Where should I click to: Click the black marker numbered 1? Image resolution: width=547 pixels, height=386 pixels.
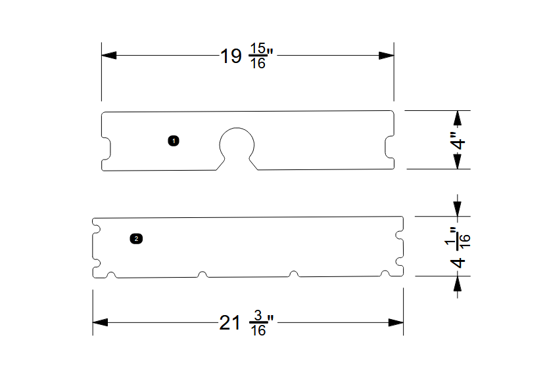coord(174,140)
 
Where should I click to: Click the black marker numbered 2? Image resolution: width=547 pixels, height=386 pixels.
coord(136,238)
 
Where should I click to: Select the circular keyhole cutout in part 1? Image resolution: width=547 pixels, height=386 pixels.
coord(237,143)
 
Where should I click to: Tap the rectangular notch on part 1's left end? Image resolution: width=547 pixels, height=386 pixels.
coord(105,148)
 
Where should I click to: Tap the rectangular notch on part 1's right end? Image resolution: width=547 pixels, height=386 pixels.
coord(389,148)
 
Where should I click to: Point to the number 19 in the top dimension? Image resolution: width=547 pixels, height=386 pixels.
coord(231,56)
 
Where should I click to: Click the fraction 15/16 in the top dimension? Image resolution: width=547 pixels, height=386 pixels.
coord(258,57)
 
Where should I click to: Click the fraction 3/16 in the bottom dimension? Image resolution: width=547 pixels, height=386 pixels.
coord(258,324)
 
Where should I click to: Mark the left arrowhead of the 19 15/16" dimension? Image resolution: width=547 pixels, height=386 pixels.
coord(109,56)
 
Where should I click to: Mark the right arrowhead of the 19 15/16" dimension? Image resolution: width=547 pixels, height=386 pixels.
coord(386,56)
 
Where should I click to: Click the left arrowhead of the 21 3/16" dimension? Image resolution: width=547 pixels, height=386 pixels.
coord(101,323)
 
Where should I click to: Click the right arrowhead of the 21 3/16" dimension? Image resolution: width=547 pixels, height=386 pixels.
coord(395,323)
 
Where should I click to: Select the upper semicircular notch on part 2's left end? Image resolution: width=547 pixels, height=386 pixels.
coord(96,229)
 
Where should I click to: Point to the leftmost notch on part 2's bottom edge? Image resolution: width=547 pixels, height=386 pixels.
coord(112,274)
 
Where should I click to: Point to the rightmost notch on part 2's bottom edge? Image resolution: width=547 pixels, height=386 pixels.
coord(381,273)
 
